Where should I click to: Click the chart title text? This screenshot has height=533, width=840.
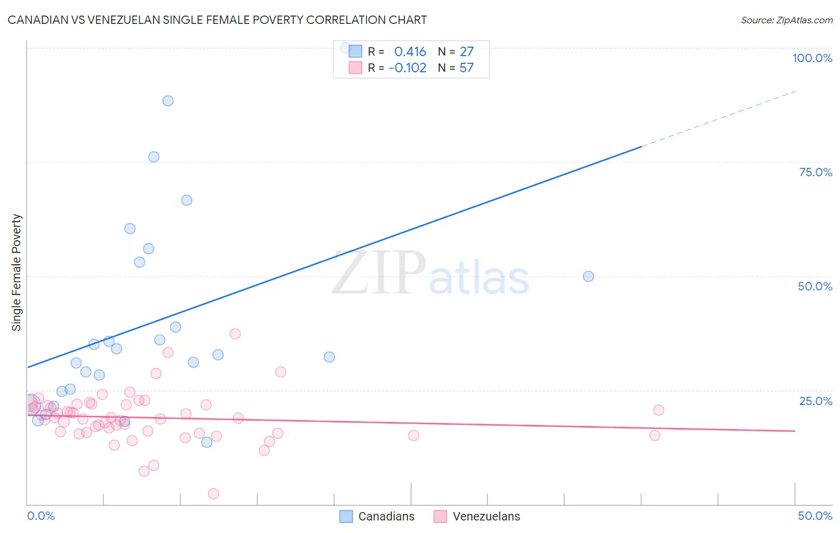pos(217,20)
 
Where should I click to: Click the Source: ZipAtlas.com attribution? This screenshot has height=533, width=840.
pos(786,20)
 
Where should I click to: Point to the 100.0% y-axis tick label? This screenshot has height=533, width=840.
pos(812,58)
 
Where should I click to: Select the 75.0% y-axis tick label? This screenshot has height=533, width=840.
pos(816,172)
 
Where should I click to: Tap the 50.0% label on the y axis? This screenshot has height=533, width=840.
pos(815,286)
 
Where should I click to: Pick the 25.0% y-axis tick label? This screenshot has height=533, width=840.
pos(816,401)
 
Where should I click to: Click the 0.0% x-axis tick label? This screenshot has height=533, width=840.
pos(41,516)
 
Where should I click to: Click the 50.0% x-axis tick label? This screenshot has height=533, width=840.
pos(815,516)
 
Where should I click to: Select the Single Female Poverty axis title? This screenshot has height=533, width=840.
pos(17,272)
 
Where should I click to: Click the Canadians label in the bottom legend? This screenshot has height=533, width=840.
pos(386,516)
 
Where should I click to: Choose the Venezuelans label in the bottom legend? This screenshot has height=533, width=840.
pos(486,516)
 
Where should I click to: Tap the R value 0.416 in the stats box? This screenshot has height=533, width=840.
pos(410,52)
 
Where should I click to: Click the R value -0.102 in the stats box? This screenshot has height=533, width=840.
pos(407,68)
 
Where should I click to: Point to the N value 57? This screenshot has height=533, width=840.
pos(467,68)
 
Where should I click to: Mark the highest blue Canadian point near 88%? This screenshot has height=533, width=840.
pos(168,101)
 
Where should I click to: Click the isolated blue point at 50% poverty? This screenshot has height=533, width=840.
pos(588,277)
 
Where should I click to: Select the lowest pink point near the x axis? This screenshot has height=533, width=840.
pos(213,494)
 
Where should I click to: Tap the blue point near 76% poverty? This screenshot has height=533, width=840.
pos(154,157)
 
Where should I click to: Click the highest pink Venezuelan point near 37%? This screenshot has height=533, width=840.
pos(235,334)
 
